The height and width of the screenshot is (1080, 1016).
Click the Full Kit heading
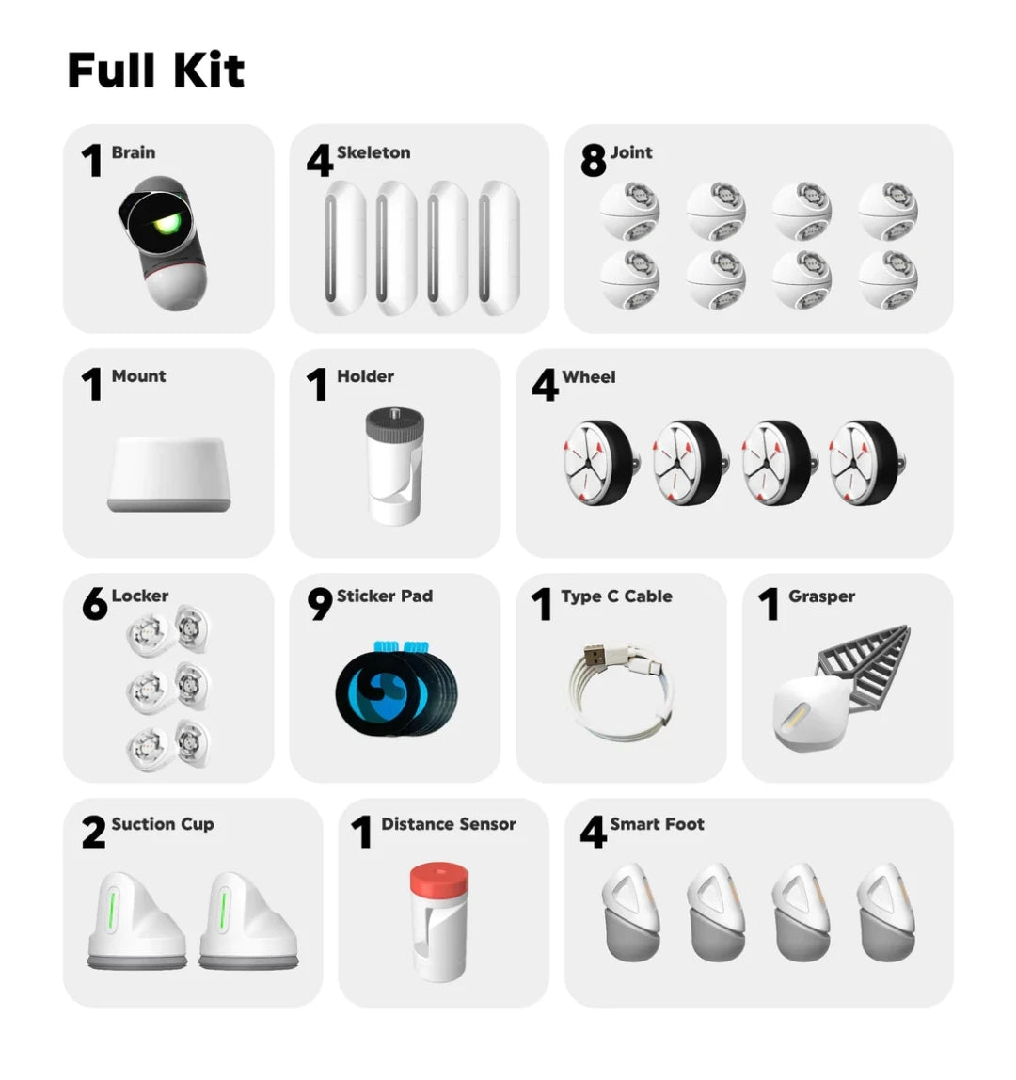155,70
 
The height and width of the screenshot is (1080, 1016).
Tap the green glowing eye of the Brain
167,222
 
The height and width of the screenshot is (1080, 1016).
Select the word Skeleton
373,152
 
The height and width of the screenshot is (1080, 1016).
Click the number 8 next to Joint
593,161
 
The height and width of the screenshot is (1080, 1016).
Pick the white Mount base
168,474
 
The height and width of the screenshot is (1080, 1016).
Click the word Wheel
589,376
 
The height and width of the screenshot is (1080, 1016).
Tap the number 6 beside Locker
94,603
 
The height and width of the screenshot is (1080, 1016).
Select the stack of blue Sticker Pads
396,686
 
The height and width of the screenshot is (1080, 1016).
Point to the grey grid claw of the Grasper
865,665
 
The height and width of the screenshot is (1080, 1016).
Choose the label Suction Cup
163,824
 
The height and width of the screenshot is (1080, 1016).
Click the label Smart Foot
658,824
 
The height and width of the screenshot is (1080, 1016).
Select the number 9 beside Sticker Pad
320,603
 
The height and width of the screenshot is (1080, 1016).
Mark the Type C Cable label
616,596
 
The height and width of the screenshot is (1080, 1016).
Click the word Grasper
822,596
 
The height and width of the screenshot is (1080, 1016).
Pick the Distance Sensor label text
449,824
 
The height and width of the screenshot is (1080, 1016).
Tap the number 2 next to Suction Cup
94,832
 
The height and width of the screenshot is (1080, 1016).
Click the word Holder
365,376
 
